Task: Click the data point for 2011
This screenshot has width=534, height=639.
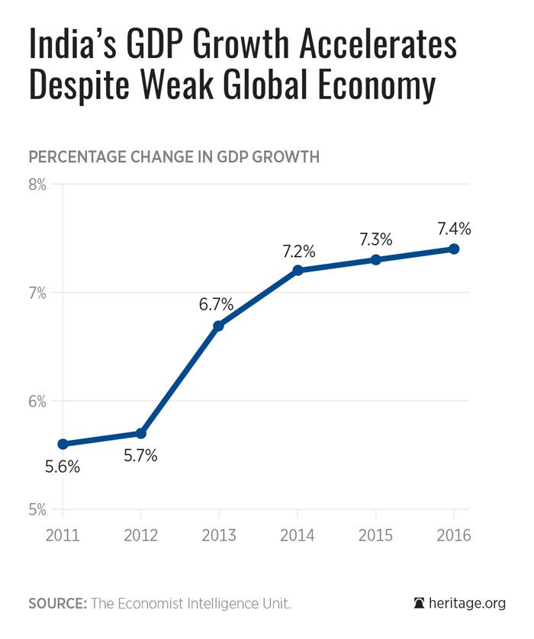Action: pos(63,444)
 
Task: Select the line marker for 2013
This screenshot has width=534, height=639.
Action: pos(219,326)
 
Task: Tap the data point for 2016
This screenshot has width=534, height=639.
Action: pos(454,249)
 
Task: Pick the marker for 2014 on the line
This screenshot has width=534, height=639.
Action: pos(298,270)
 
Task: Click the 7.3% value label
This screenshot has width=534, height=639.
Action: pos(375,239)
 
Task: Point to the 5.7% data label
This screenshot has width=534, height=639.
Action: pos(140,456)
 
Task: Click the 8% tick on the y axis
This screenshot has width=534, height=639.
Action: pos(38,185)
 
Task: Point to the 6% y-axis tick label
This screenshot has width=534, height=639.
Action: pos(38,401)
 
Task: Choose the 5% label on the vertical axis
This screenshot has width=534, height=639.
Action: pos(38,509)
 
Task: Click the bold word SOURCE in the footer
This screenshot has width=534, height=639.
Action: pos(57,603)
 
